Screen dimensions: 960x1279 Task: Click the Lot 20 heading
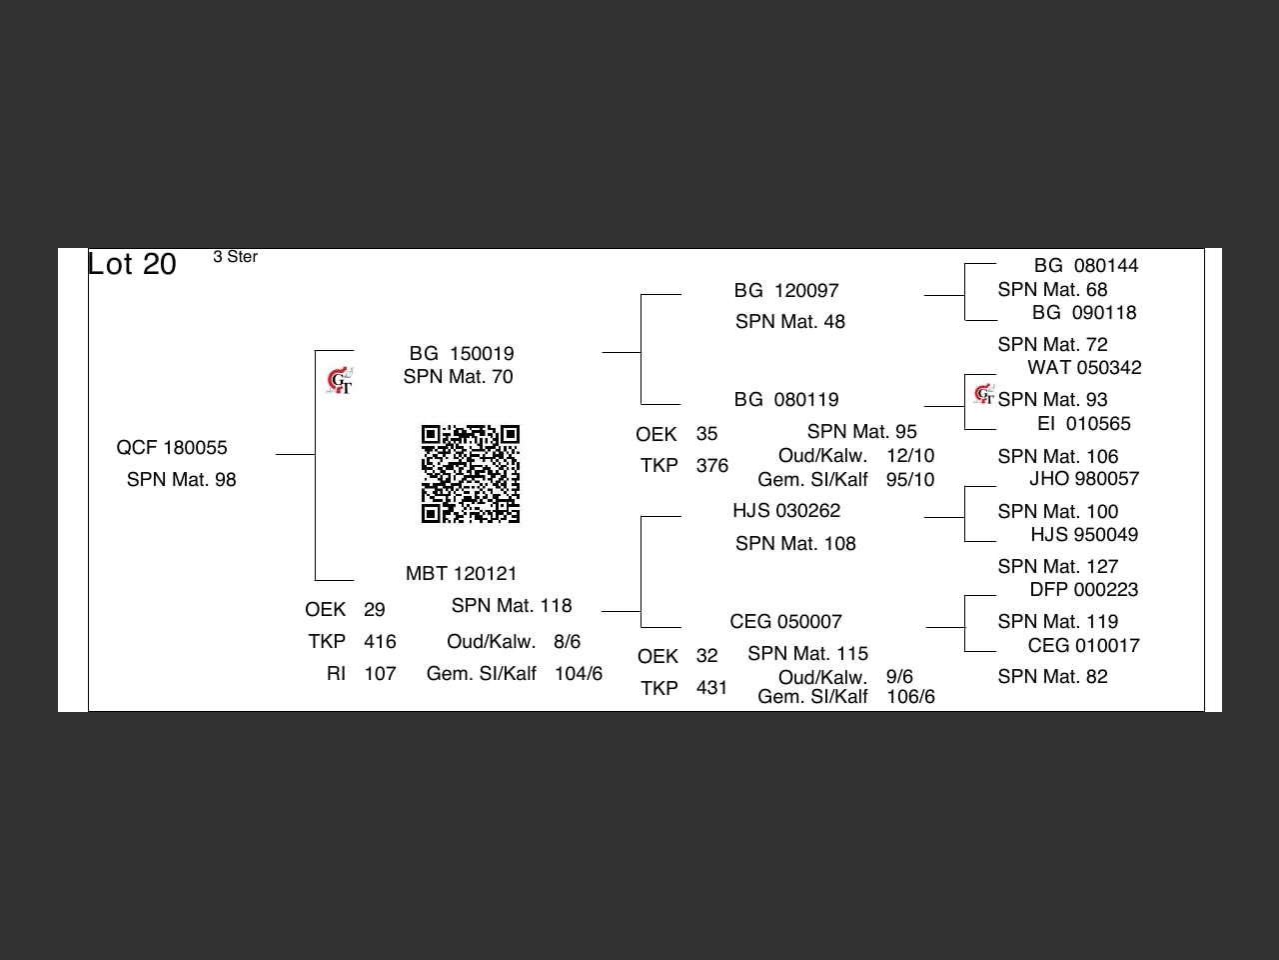coord(132,264)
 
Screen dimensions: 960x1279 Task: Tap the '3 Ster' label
coord(235,257)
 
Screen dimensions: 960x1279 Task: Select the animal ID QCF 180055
coord(172,448)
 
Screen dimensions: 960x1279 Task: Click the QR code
coord(471,474)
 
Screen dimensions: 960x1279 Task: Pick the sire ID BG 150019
coord(462,354)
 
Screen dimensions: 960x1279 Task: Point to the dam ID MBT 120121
coord(462,574)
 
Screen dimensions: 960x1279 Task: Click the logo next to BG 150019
coord(340,381)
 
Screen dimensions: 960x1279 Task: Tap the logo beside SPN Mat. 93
coord(984,395)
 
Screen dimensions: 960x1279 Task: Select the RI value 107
coord(380,674)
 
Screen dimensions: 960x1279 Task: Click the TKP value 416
coord(380,642)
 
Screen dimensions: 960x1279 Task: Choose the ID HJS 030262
coord(786,511)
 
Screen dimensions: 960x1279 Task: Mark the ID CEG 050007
coord(786,622)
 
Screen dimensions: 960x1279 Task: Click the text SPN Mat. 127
coord(1058,567)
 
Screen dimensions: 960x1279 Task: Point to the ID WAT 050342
coord(1084,368)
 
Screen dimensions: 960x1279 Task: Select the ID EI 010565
coord(1084,424)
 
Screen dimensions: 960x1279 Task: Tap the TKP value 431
coord(712,688)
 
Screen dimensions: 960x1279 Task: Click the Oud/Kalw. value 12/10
coord(910,456)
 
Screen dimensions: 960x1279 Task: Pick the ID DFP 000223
coord(1084,590)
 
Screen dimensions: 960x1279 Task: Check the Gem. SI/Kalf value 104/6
coord(579,674)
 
